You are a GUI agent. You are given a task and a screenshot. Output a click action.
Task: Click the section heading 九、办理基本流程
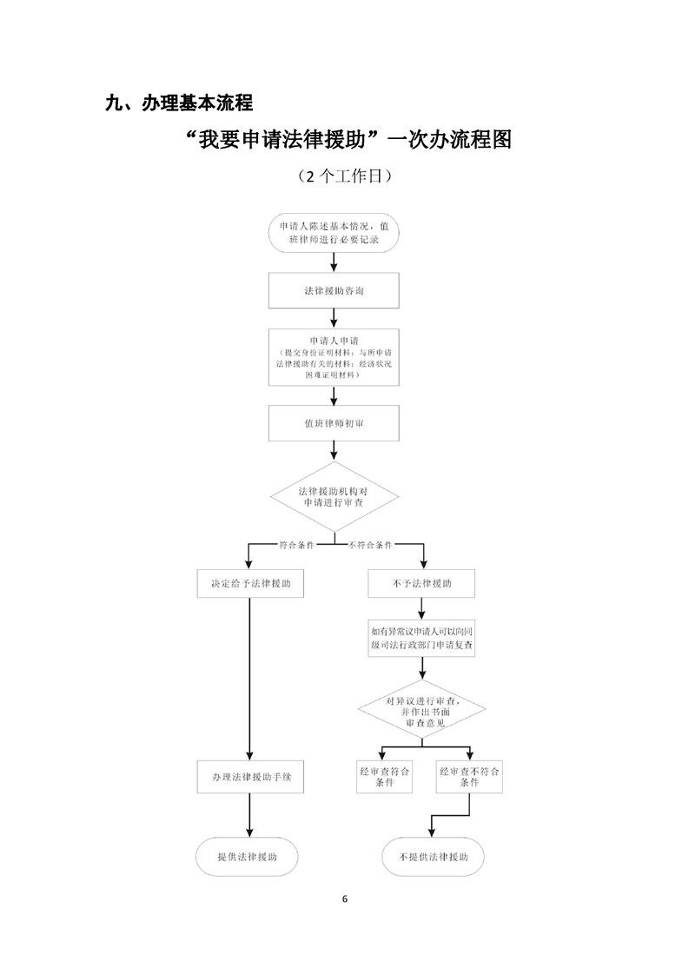click(x=178, y=103)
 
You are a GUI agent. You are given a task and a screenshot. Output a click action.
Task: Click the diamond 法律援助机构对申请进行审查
click(x=335, y=496)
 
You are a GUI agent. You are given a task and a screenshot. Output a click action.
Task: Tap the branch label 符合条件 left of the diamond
click(x=296, y=546)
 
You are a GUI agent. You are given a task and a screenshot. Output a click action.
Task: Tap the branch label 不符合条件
click(x=370, y=546)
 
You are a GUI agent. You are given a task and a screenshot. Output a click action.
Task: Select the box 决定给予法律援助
click(x=250, y=584)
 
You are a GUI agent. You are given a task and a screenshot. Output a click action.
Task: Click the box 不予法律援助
click(x=421, y=584)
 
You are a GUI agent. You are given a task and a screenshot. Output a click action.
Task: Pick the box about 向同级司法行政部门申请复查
click(x=421, y=639)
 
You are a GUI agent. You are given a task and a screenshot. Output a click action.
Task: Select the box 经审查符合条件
click(x=385, y=776)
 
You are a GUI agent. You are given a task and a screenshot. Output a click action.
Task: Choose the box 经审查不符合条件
click(x=469, y=776)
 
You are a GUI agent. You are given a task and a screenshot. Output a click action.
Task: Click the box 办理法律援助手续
click(x=250, y=776)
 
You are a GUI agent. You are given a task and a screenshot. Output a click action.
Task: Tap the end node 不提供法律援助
click(x=434, y=856)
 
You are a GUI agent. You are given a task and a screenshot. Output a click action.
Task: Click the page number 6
click(x=345, y=899)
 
